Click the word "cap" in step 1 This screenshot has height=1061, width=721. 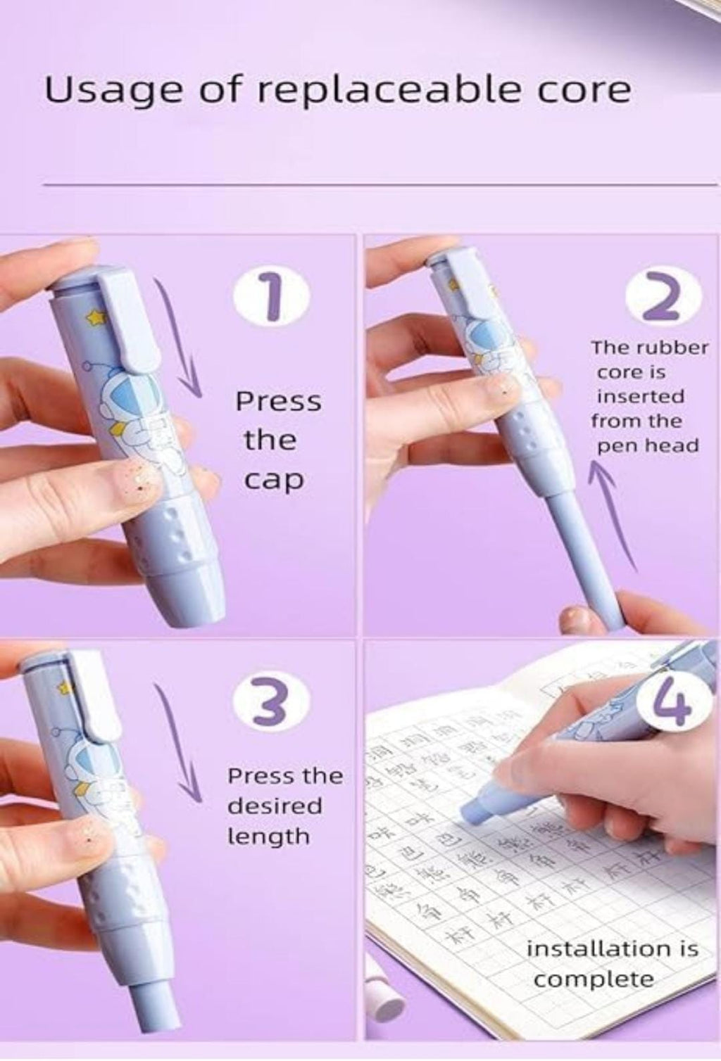coord(274,480)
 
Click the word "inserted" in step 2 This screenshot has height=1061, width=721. coord(640,397)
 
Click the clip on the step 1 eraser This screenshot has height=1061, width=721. coord(131,324)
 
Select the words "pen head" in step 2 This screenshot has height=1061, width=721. coord(645,446)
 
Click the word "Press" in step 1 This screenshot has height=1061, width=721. coord(277,402)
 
